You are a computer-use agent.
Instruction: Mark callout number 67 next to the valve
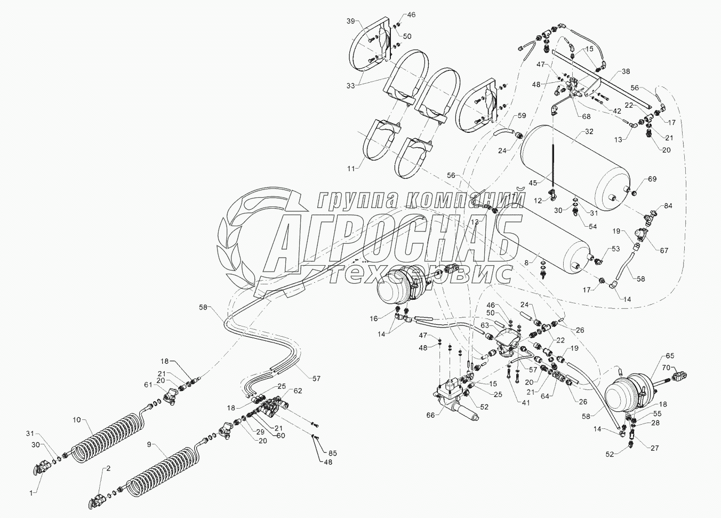pos(664,250)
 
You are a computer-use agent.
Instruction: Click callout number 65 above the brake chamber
pos(669,356)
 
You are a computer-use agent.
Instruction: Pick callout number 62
pos(298,390)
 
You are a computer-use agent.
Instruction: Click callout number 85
pos(333,453)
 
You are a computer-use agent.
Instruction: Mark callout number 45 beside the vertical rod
pos(533,182)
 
